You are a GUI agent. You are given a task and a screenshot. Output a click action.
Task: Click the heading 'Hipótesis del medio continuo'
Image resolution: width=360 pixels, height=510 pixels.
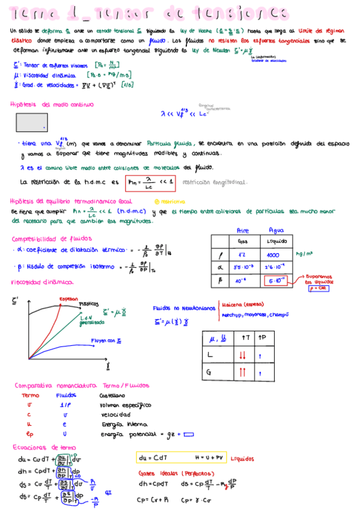52,105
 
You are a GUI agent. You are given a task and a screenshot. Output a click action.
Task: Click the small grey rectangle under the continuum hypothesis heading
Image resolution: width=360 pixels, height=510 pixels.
32,123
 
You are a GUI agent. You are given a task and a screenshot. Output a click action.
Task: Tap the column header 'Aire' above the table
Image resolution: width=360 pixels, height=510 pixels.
243,230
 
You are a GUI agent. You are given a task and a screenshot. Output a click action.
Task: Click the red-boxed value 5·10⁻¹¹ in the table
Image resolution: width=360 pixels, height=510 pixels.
276,280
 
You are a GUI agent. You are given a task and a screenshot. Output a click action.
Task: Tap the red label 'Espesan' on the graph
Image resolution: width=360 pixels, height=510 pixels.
69,299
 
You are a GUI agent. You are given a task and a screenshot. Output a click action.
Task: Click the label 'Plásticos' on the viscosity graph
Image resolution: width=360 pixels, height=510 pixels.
89,305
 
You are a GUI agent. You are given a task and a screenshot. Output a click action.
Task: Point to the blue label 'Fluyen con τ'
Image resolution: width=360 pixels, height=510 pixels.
106,341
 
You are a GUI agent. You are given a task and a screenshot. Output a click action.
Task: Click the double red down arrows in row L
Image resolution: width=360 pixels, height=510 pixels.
242,356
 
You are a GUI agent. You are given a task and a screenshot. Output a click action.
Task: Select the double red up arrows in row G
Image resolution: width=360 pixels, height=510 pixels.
242,373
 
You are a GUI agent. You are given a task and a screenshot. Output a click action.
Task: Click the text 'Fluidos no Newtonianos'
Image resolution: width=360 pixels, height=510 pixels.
184,307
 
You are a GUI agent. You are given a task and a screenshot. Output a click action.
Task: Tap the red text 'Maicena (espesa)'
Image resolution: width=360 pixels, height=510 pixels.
243,304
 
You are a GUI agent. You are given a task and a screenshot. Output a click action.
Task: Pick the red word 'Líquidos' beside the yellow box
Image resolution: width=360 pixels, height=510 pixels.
242,458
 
